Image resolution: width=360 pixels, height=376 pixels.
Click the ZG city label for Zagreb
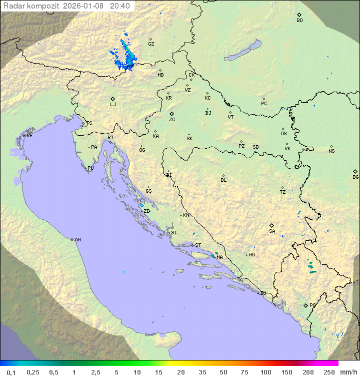click(172, 120)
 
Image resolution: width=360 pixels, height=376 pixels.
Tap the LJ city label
click(113, 105)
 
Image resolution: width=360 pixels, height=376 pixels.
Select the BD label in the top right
click(299, 21)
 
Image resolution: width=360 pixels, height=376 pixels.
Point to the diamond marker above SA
click(272, 225)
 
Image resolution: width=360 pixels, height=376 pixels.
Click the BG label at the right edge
click(355, 177)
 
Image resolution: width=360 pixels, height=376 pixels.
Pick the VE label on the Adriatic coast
click(29, 136)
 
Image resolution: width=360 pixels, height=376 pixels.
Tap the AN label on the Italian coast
click(77, 240)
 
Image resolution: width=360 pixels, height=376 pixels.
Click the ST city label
click(198, 245)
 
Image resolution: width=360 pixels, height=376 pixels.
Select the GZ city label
click(151, 44)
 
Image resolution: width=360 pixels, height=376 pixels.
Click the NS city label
click(331, 151)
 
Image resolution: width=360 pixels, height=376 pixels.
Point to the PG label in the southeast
click(312, 305)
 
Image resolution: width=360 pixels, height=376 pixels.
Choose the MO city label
click(251, 255)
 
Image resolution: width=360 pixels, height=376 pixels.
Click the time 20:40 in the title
click(119, 6)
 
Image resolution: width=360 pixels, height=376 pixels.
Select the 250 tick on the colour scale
click(329, 372)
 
